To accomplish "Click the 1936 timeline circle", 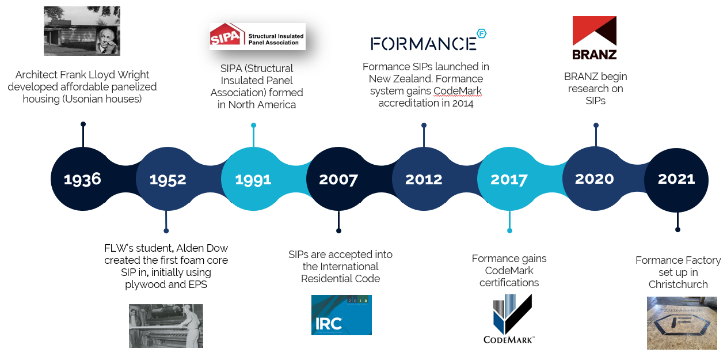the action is pos(83,179).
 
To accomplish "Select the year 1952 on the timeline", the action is pos(168,180).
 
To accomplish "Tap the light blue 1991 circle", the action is pos(253,179).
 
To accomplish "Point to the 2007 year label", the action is pos(338,180).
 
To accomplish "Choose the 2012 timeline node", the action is pos(424,179).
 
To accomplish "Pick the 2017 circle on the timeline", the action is pos(509,179).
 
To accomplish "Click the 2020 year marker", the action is pos(595,179).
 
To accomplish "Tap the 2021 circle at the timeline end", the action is pos(677,180).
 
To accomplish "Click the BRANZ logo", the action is pos(595,38).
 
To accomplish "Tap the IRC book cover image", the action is pos(341,315).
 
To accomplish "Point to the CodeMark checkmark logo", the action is pos(509,319).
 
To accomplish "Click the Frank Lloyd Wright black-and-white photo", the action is pos(82,31).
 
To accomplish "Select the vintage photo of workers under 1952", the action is pos(166,326).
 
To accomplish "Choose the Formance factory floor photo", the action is pos(682,323).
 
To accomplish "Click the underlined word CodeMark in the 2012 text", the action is pos(458,91).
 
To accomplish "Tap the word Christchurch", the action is pos(678,285).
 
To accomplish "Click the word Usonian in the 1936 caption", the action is pos(84,98).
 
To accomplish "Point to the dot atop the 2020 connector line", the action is pos(596,125).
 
